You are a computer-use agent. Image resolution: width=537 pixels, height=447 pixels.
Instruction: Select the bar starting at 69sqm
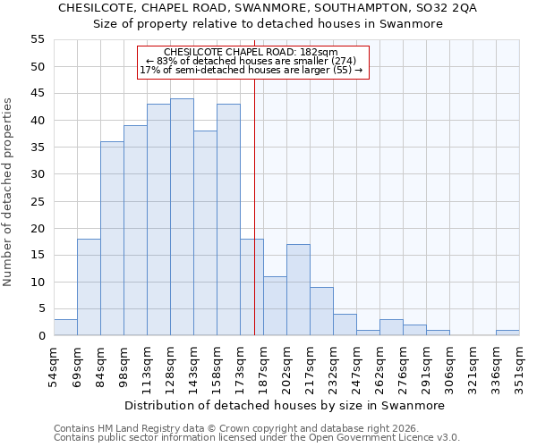point(89,287)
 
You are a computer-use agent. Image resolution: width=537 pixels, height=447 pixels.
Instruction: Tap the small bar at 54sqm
point(65,327)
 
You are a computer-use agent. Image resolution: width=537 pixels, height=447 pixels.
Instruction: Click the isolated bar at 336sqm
point(507,333)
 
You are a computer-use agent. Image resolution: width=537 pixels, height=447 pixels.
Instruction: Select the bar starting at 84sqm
point(112,239)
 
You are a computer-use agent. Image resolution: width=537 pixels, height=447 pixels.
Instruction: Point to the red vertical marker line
point(254,223)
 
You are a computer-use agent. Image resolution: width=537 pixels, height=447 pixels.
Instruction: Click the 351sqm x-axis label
point(519,366)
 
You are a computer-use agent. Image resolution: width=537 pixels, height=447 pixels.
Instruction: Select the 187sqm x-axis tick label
point(263,366)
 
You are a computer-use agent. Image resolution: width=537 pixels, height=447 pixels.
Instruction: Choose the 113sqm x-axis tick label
point(147,366)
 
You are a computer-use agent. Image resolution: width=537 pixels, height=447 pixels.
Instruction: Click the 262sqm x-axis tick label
point(379,366)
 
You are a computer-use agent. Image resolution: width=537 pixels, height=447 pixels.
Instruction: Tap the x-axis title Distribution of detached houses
point(284,405)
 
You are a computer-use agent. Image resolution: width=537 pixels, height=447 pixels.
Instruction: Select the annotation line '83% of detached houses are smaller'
point(251,61)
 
